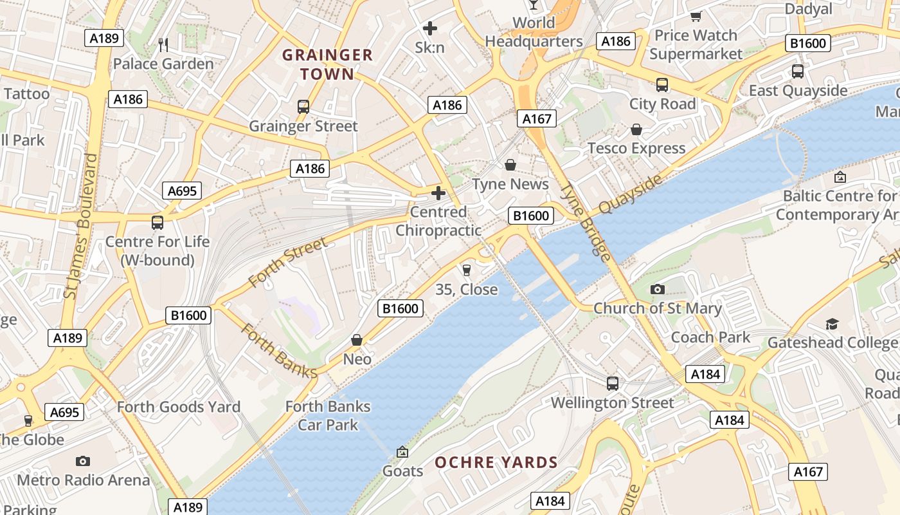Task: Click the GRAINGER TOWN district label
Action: (x=327, y=64)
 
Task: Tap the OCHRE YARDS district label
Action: (x=496, y=462)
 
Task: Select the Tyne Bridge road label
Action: (x=586, y=222)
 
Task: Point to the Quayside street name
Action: (x=630, y=194)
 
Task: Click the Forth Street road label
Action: (x=287, y=263)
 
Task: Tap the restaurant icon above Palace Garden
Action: (x=163, y=44)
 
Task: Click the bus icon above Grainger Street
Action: (x=303, y=107)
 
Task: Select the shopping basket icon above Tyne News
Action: (x=510, y=165)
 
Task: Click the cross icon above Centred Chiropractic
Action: (x=438, y=193)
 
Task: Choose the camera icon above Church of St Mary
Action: (x=657, y=290)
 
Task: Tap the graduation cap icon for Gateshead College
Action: (x=833, y=324)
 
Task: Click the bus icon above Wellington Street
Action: (x=613, y=384)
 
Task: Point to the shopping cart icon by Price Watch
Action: (x=696, y=16)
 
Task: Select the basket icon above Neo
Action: (x=357, y=339)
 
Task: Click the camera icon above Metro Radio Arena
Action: (x=83, y=461)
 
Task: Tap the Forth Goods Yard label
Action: (x=179, y=407)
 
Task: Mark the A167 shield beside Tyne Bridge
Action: (x=536, y=118)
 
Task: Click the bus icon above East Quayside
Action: (x=798, y=71)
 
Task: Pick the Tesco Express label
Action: (x=636, y=149)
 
